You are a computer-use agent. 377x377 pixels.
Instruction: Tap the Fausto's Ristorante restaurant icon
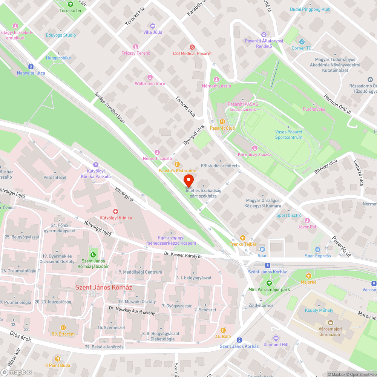(x=177, y=164)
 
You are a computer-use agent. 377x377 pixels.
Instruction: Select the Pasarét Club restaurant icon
(x=222, y=122)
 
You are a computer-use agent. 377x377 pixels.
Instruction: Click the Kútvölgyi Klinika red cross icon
(x=116, y=211)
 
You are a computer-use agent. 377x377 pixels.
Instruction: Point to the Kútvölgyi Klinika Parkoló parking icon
(x=95, y=164)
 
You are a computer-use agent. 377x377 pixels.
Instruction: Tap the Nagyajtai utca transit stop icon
(x=31, y=66)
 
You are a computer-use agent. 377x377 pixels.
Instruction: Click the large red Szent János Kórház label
(x=104, y=287)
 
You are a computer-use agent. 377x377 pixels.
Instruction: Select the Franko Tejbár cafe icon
(x=243, y=238)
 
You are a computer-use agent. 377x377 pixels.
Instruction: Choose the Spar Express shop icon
(x=318, y=249)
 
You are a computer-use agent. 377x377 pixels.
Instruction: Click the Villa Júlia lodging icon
(x=153, y=26)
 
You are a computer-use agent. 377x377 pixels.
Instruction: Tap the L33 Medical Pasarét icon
(x=192, y=47)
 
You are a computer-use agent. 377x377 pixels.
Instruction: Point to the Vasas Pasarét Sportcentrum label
(x=289, y=135)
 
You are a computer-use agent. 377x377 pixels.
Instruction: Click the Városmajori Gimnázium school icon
(x=330, y=323)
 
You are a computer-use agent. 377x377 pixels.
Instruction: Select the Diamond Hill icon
(x=276, y=338)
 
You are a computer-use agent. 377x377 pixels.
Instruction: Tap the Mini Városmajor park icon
(x=268, y=283)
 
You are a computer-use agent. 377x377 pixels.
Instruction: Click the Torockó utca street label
(x=185, y=107)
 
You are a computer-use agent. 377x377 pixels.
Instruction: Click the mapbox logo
(x=17, y=372)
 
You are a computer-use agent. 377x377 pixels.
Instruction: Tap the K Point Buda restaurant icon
(x=57, y=359)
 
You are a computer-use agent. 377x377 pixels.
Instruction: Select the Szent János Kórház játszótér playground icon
(x=93, y=255)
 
